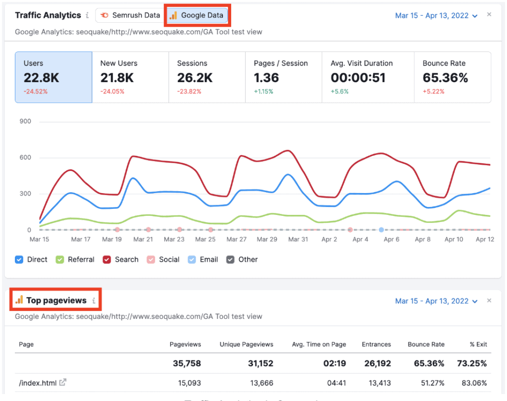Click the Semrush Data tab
[x=130, y=15]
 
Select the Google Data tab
[x=197, y=15]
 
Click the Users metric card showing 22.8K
[x=53, y=77]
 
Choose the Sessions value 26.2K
[x=195, y=78]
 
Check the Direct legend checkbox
[x=19, y=259]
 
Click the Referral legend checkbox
[x=60, y=259]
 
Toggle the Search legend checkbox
[x=106, y=259]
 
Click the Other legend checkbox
[x=231, y=259]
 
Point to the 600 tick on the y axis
[x=25, y=158]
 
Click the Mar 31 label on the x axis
[x=298, y=239]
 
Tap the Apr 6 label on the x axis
[x=391, y=239]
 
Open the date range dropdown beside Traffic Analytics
[x=436, y=16]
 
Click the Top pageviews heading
[x=56, y=301]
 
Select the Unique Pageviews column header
[x=247, y=344]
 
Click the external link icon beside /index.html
[x=63, y=382]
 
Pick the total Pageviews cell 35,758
[x=187, y=363]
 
